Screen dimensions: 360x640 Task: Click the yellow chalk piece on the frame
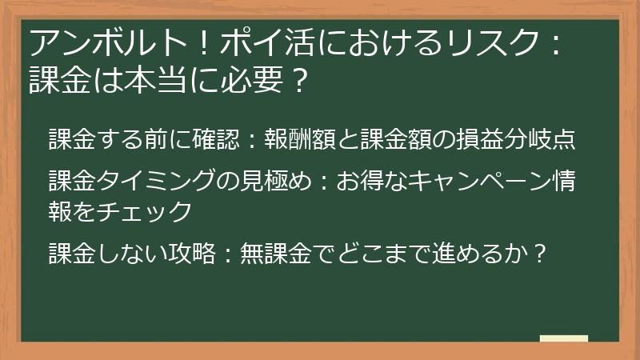[563, 338]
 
